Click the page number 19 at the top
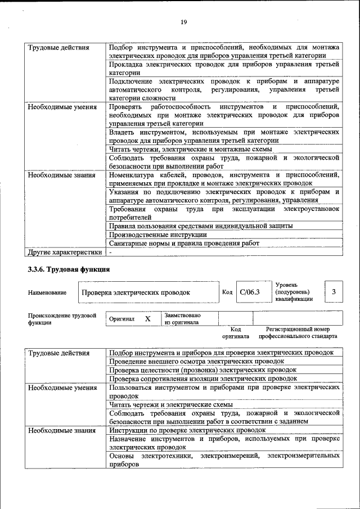click(x=183, y=22)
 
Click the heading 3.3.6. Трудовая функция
click(x=69, y=269)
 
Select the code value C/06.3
click(x=249, y=292)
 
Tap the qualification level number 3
click(x=334, y=292)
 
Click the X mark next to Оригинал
click(x=148, y=319)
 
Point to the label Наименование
click(x=47, y=292)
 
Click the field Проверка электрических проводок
click(x=136, y=292)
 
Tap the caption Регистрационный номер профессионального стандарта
click(x=298, y=332)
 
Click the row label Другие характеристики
click(x=65, y=252)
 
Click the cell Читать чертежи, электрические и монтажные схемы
click(x=191, y=149)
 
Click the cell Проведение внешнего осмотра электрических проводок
click(x=189, y=361)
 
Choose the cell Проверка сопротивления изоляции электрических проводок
click(x=203, y=379)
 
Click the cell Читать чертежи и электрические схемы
click(x=171, y=404)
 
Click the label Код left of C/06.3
click(x=227, y=292)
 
